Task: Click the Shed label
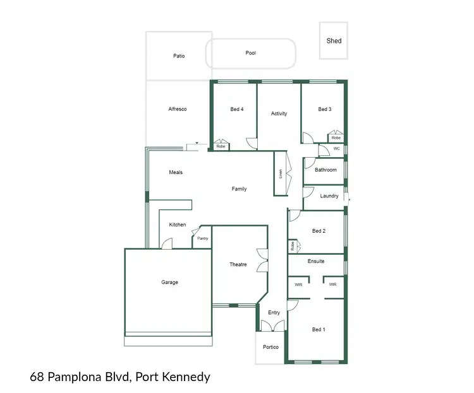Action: tap(334, 41)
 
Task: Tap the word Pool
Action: tap(251, 53)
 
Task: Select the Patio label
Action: tap(179, 56)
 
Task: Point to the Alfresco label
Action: tap(178, 109)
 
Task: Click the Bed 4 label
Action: tap(237, 109)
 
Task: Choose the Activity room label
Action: tap(279, 114)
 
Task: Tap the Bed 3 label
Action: tap(325, 109)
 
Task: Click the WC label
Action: tap(337, 149)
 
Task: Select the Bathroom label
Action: tap(326, 170)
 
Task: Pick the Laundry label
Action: tap(329, 196)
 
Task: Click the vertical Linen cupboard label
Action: tap(281, 173)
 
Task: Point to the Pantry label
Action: tap(202, 238)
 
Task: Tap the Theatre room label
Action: tap(238, 264)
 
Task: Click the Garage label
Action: tap(169, 283)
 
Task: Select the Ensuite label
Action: tap(316, 261)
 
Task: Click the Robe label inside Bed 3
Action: tap(336, 138)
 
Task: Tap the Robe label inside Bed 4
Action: tap(221, 146)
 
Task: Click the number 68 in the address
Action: tap(37, 377)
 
